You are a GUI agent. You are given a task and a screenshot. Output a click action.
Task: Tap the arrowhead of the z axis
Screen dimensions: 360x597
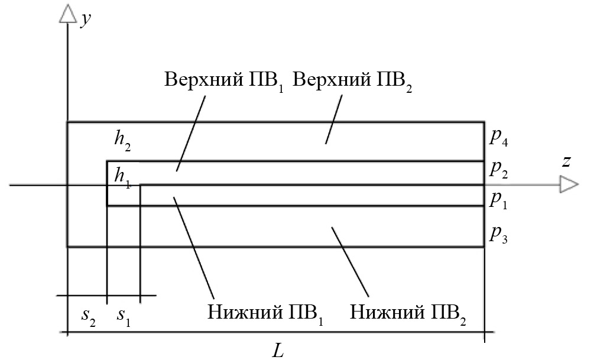[x=569, y=186]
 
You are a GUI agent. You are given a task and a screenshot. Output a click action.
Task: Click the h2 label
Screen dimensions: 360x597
[x=123, y=140]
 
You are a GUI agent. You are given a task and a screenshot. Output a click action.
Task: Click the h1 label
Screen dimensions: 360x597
[x=122, y=176]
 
